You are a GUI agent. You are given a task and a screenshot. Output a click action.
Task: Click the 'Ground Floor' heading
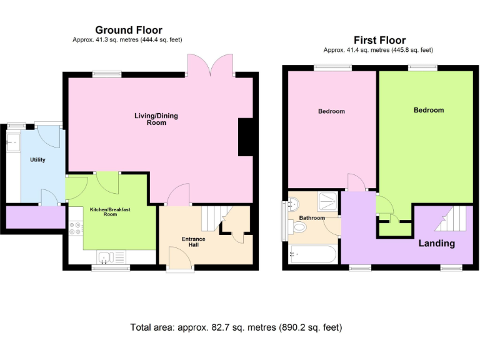coord(128,30)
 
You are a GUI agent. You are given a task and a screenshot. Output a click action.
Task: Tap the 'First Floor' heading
coord(379,40)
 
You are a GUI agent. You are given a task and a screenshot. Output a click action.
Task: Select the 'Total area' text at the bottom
coord(236,327)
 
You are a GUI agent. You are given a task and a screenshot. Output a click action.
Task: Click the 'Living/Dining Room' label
coord(151,119)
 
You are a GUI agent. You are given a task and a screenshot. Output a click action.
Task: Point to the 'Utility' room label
coord(37,160)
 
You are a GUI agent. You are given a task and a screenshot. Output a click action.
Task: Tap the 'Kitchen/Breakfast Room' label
coord(103,211)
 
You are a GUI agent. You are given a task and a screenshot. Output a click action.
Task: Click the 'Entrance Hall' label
coord(193,242)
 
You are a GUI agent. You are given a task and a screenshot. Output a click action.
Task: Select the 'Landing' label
coord(436,243)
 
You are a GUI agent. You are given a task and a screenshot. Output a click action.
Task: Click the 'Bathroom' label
coord(312,218)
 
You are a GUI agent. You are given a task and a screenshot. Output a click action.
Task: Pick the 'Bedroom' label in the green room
coord(429,110)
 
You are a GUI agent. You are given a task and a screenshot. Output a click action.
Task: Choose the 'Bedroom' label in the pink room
coord(331,111)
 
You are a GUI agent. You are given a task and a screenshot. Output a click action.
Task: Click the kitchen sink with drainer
coord(111,256)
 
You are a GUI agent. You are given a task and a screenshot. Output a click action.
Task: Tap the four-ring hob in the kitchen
coord(76,228)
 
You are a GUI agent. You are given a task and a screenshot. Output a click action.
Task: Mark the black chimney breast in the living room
coord(246,137)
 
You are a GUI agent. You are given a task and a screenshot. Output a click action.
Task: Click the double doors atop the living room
coord(210,64)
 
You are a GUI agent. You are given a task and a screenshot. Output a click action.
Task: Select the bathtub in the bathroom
coord(313,256)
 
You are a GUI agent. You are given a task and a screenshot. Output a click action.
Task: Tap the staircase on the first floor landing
coord(452,219)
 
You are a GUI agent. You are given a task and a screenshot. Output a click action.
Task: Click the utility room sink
coord(12,143)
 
